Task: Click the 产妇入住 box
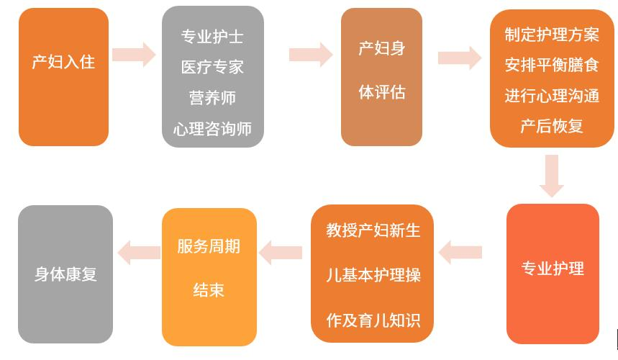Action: [x=63, y=76]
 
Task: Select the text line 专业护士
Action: [x=212, y=37]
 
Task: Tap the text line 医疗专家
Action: [x=212, y=67]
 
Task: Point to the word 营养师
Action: [x=212, y=98]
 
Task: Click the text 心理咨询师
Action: [x=212, y=129]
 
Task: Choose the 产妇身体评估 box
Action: [x=381, y=76]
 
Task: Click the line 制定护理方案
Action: [x=552, y=35]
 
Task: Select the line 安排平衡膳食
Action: [x=552, y=66]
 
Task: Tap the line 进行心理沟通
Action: [x=552, y=96]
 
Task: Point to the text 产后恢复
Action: [x=552, y=126]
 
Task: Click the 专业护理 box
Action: [x=553, y=274]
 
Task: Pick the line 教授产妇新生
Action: [x=373, y=231]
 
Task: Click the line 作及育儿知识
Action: [x=373, y=320]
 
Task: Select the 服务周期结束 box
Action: [x=209, y=276]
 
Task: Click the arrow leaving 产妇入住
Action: [x=135, y=54]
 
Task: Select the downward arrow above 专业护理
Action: [x=552, y=175]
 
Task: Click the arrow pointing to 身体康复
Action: [x=139, y=251]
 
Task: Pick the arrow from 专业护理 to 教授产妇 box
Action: [x=460, y=252]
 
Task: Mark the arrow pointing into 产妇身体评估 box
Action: [x=311, y=55]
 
